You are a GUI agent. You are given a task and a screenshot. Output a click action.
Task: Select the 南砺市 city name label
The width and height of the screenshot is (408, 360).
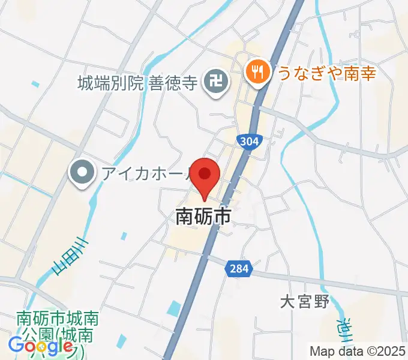click(203, 217)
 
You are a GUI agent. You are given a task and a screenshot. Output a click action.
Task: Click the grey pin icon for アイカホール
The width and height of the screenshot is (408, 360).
click(80, 174)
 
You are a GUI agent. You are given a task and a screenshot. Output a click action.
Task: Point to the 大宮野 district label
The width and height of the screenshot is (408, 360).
click(305, 301)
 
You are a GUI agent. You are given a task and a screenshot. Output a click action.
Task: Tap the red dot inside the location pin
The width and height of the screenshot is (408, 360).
click(205, 173)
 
